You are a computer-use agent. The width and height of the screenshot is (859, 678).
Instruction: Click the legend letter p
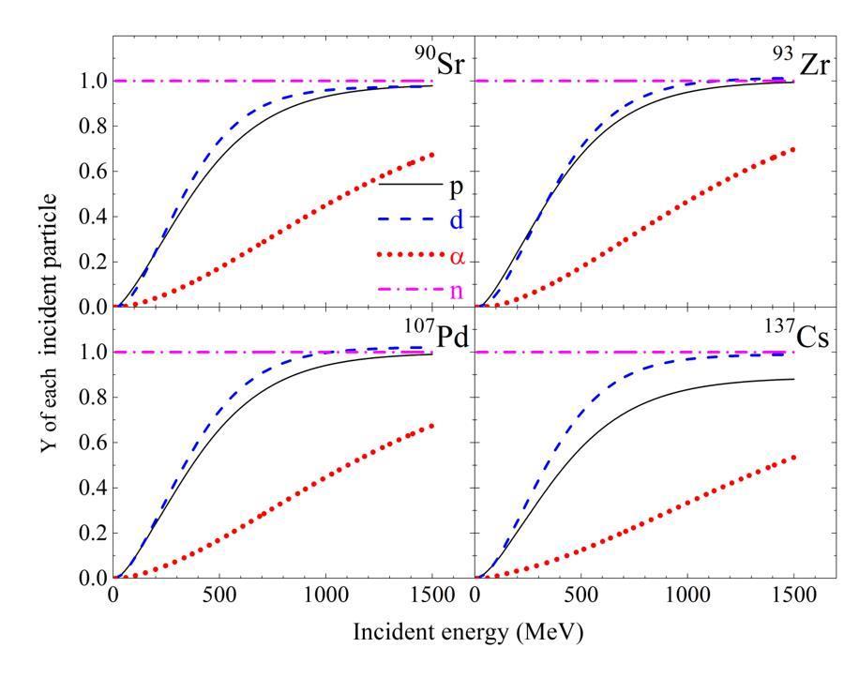[456, 185]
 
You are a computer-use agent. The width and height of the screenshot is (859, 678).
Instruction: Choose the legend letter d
[456, 218]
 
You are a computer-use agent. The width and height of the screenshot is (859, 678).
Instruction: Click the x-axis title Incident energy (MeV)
[468, 633]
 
